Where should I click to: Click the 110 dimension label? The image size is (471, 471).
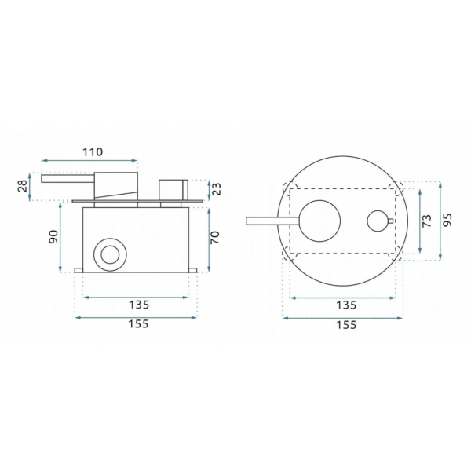point(93,152)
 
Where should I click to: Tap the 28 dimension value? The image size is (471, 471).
point(24,187)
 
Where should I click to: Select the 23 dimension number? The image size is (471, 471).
point(217,189)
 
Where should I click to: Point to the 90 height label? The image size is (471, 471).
point(53,237)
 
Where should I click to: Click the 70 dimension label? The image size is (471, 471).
point(215,237)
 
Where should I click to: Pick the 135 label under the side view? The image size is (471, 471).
point(139,305)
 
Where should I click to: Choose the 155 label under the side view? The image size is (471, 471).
point(138,324)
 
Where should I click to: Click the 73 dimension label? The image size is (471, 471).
point(427,221)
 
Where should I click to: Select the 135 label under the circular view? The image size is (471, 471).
point(346,305)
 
